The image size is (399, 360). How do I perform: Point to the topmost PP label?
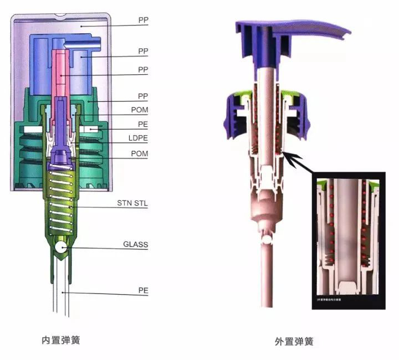pyautogui.click(x=143, y=20)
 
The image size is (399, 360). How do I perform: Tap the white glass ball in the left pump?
pyautogui.click(x=61, y=246)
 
